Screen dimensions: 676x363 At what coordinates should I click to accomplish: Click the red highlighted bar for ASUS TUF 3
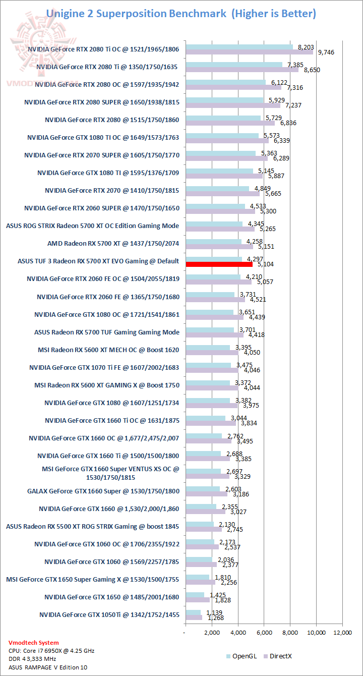(219, 264)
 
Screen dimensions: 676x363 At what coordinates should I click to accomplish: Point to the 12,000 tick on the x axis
(343, 632)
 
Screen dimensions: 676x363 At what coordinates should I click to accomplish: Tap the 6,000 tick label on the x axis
(264, 632)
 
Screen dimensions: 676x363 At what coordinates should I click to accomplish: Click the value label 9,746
(324, 52)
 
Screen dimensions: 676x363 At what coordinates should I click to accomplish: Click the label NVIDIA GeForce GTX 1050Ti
(109, 614)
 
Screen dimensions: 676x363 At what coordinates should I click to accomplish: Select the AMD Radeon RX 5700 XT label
(113, 243)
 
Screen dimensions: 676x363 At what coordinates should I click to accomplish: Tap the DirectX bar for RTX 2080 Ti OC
(249, 52)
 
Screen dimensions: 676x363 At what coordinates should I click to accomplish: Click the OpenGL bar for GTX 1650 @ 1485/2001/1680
(195, 594)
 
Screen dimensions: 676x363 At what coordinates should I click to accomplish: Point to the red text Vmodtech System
(34, 643)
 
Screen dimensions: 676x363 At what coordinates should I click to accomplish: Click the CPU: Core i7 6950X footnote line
(51, 651)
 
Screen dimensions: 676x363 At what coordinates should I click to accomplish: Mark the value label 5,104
(266, 264)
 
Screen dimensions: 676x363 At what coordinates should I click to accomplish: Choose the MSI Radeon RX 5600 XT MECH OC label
(108, 349)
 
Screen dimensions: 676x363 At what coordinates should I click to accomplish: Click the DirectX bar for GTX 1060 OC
(202, 546)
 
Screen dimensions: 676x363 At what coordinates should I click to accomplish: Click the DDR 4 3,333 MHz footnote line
(34, 659)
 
